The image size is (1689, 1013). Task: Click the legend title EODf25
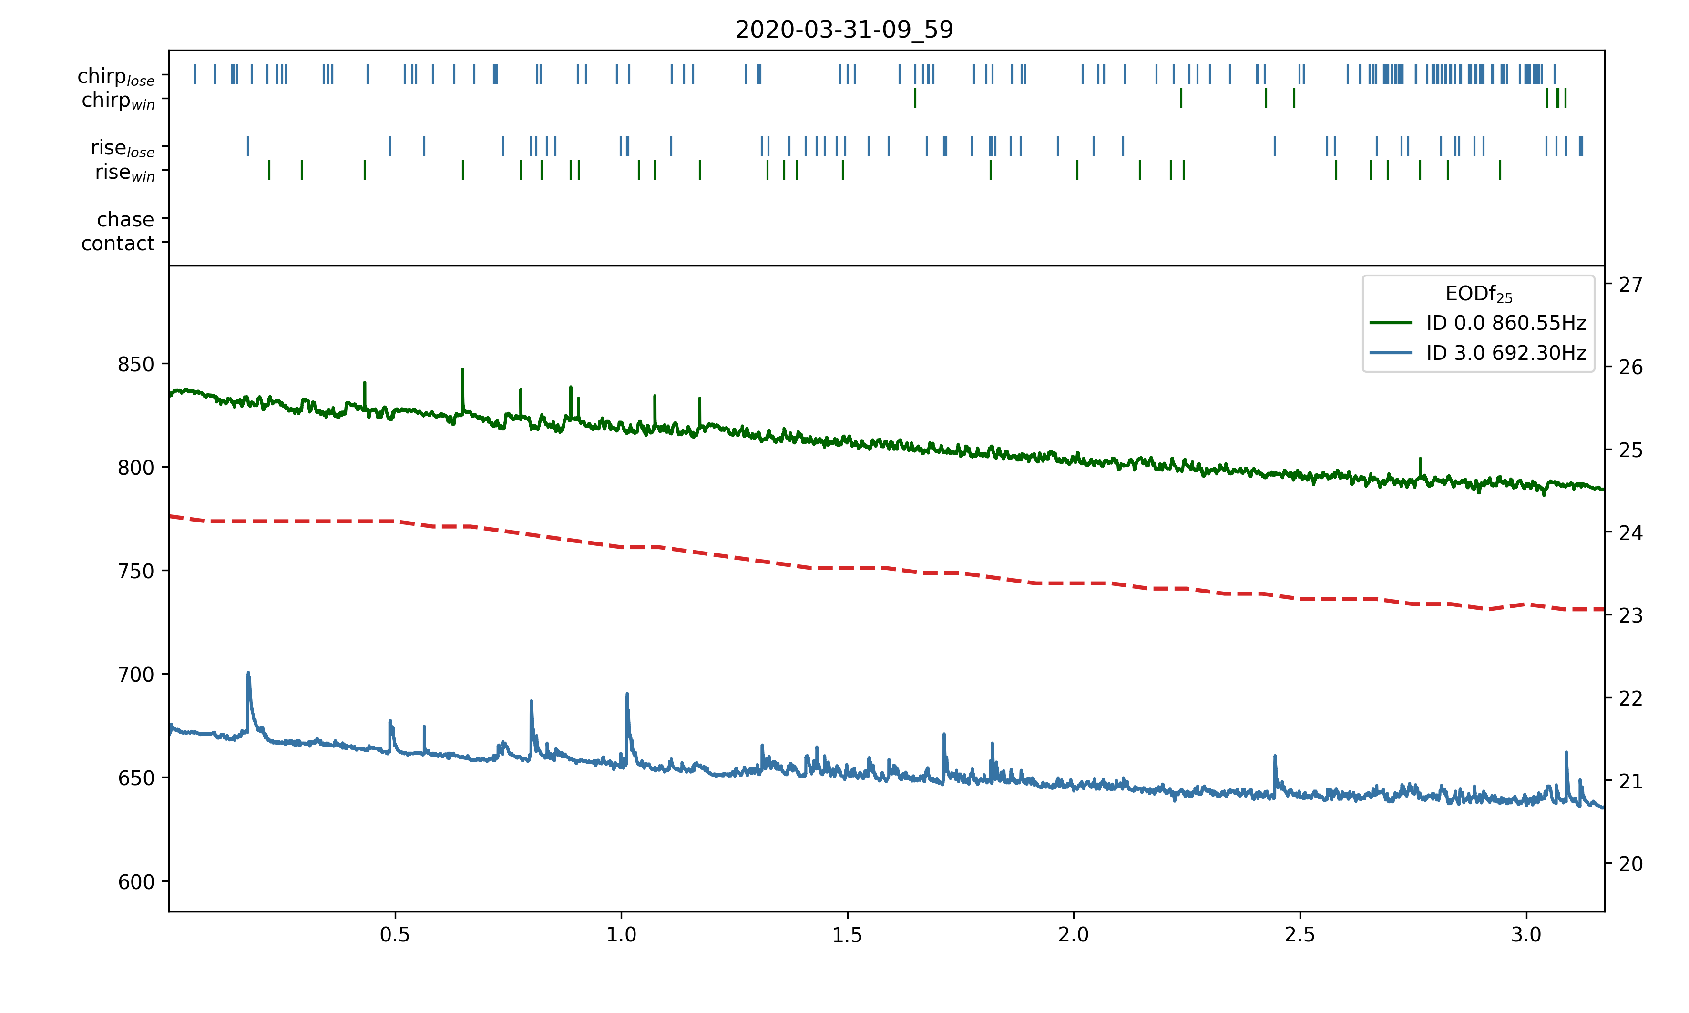click(1478, 294)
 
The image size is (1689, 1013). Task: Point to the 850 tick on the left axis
click(136, 365)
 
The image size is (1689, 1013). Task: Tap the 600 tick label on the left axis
click(136, 882)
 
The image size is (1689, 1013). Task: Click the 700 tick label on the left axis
click(136, 675)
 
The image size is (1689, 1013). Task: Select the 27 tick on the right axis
click(1630, 285)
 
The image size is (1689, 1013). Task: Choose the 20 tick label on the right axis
click(1630, 864)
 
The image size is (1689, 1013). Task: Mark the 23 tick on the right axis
click(1630, 616)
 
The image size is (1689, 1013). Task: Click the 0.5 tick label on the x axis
click(395, 934)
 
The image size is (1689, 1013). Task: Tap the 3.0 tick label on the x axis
click(1526, 934)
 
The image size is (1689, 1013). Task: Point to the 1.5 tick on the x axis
click(848, 934)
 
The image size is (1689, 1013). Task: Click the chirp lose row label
click(116, 76)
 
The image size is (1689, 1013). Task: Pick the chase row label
click(125, 219)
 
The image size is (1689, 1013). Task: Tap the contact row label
click(118, 243)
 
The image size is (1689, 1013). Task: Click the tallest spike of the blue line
click(248, 673)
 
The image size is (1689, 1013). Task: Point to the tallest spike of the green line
click(463, 370)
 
